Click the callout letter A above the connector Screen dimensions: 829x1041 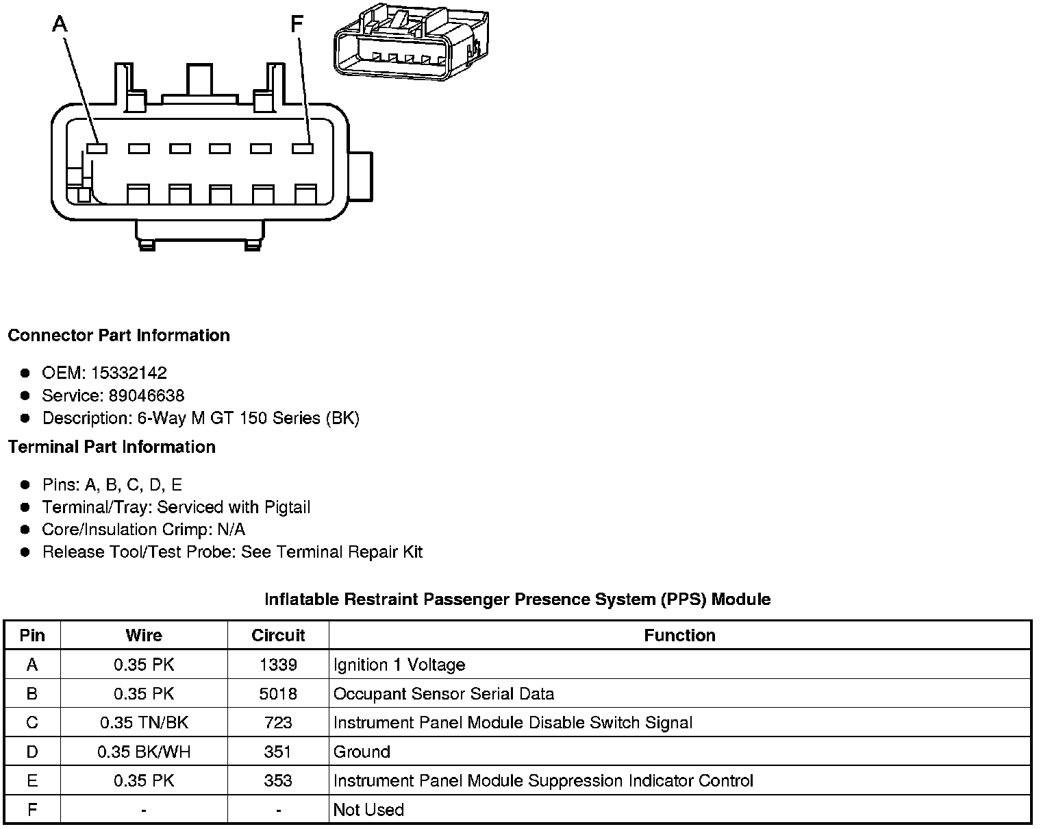pyautogui.click(x=60, y=25)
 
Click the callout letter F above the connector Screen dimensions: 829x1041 pyautogui.click(x=297, y=25)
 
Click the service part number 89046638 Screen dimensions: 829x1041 pyautogui.click(x=147, y=395)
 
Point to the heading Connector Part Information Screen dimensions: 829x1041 pyautogui.click(x=118, y=336)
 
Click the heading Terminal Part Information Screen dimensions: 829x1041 pyautogui.click(x=112, y=447)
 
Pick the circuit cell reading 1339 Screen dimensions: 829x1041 pyautogui.click(x=278, y=665)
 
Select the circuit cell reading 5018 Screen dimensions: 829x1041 pyautogui.click(x=278, y=693)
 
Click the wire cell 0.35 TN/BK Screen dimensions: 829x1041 pyautogui.click(x=144, y=723)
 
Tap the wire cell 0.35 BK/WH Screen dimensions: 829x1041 pyautogui.click(x=144, y=752)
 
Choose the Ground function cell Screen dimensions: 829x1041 pyautogui.click(x=362, y=752)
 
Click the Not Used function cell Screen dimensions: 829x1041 pyautogui.click(x=368, y=810)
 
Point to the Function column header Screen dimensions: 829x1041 pyautogui.click(x=679, y=635)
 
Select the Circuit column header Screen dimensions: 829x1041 pyautogui.click(x=278, y=635)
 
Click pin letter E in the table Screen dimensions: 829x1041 pyautogui.click(x=32, y=780)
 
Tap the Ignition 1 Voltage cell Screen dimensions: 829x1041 pyautogui.click(x=399, y=665)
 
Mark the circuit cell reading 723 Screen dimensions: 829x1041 pyautogui.click(x=278, y=723)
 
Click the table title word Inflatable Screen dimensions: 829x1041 pyautogui.click(x=301, y=599)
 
